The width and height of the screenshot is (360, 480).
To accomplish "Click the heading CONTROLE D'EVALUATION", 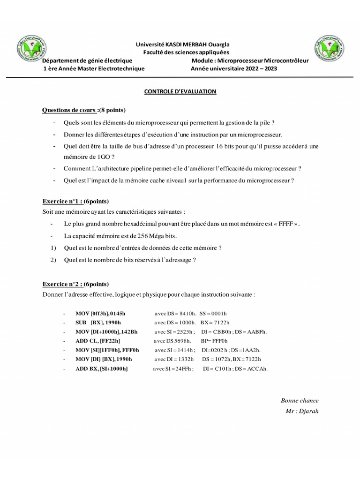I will [x=180, y=91].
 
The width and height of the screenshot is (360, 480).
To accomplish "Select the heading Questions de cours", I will [x=84, y=110].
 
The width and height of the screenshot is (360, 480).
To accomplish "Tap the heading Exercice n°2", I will [x=76, y=284].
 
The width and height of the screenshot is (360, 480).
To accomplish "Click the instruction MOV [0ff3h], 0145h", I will [x=100, y=313].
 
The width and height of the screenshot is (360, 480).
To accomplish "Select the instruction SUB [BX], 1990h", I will [x=98, y=322].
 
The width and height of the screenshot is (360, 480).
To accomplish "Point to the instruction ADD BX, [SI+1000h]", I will [x=101, y=369].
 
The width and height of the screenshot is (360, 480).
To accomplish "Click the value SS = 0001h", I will [x=213, y=313].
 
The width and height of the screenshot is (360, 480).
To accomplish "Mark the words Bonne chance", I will [x=300, y=400].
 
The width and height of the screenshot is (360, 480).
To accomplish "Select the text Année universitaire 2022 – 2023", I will [x=233, y=68].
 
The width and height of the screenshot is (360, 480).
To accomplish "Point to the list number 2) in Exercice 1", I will [x=53, y=259].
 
